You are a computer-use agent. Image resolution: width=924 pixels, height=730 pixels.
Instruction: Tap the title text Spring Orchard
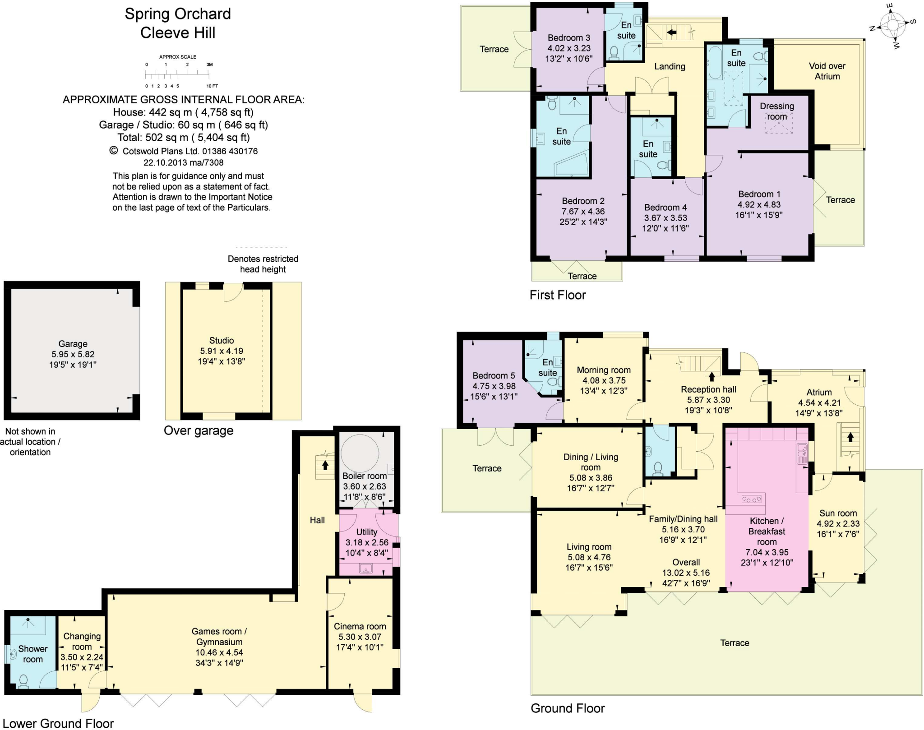tap(178, 14)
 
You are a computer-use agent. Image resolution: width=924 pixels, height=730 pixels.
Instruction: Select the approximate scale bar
tap(178, 74)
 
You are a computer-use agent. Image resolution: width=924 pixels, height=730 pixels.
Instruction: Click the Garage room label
tap(73, 344)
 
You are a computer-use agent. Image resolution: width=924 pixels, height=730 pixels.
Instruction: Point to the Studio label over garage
tap(222, 341)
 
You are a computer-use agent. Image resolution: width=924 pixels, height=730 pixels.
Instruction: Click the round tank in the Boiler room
tap(360, 453)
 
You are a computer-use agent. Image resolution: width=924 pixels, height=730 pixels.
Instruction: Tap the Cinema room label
tap(360, 626)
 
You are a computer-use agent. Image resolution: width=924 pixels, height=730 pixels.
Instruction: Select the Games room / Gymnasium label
tap(219, 637)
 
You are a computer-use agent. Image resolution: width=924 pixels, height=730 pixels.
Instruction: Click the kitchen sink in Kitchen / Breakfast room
tap(802, 453)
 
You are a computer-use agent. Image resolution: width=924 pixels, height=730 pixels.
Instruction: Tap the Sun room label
tap(838, 513)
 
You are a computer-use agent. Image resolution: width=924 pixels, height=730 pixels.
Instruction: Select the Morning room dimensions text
tap(604, 386)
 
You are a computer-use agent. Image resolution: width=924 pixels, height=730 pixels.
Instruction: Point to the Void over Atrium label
tap(827, 71)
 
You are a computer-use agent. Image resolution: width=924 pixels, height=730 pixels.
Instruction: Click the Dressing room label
tap(776, 111)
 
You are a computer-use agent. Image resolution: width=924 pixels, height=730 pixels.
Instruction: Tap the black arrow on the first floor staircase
tap(672, 32)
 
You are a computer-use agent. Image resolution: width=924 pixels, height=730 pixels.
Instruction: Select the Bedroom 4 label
tap(665, 207)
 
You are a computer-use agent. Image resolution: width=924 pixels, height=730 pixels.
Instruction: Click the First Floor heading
tap(558, 295)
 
